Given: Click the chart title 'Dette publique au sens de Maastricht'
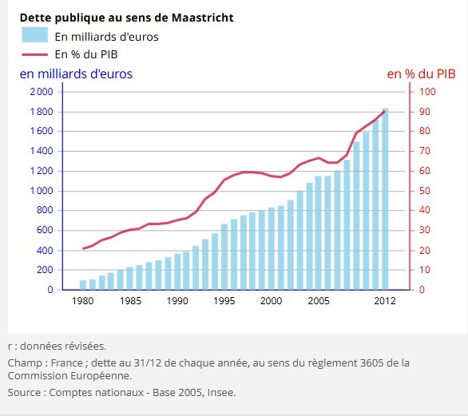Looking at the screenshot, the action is [126, 18].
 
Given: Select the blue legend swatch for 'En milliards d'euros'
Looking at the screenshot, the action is [34, 34].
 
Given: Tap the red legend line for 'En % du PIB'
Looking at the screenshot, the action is [34, 54].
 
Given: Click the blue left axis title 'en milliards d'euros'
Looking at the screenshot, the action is [76, 73].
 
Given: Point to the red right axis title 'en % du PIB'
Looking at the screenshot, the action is [421, 74].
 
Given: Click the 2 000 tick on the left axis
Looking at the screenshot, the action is [42, 92].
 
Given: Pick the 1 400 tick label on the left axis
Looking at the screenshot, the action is [42, 151].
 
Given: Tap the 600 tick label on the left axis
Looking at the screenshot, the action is [45, 230].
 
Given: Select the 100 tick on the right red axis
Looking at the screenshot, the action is [427, 92].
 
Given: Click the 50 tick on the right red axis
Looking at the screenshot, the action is [424, 191].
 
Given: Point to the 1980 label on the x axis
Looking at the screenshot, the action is [83, 300].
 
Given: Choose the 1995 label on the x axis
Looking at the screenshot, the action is [224, 300].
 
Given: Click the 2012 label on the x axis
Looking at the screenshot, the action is [385, 300].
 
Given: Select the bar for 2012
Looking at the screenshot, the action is [385, 199].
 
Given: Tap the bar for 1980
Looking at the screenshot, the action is [83, 285].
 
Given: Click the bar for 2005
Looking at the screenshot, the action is [319, 233].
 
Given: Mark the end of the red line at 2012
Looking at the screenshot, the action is [384, 112].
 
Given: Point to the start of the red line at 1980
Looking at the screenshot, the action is [83, 248].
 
